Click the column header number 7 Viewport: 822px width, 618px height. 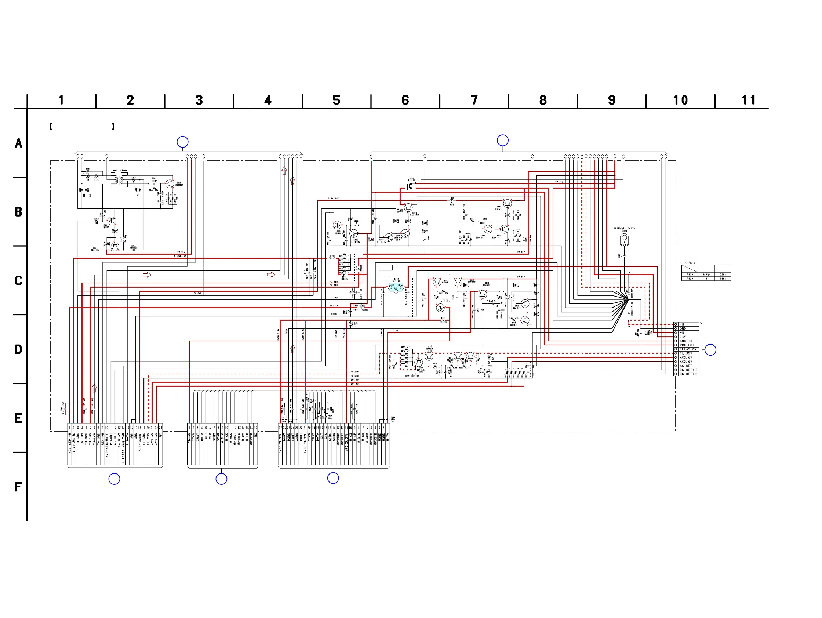(474, 100)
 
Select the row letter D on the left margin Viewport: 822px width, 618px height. (18, 349)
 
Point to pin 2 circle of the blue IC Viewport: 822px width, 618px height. (396, 291)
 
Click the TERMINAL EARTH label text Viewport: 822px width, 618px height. (624, 228)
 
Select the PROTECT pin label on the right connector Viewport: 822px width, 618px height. (687, 345)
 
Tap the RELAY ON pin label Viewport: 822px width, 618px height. (688, 349)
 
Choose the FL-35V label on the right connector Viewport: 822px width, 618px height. (686, 353)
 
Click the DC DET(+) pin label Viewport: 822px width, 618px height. (688, 374)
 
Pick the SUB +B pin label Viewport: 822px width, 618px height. (686, 341)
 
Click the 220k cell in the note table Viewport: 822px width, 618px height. (723, 275)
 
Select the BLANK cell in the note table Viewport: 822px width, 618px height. (706, 275)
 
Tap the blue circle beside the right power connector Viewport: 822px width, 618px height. (710, 350)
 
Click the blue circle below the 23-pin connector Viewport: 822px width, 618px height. (114, 479)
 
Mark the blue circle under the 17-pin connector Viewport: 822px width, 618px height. (221, 479)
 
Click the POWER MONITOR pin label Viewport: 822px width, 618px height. (123, 447)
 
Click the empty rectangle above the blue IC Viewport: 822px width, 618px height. (385, 268)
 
